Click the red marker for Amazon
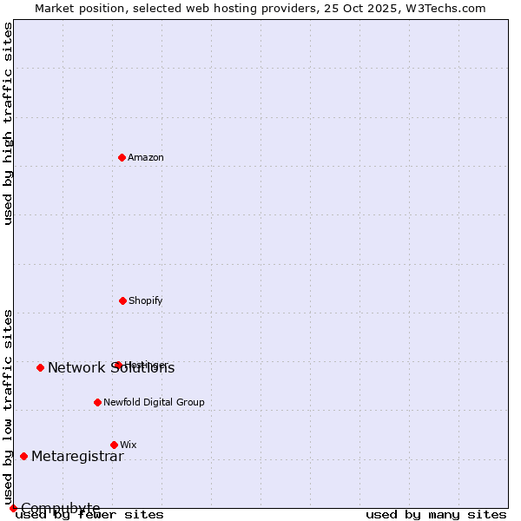(x=122, y=157)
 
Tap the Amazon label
(x=146, y=158)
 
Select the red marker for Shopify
(x=122, y=300)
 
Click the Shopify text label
(x=146, y=301)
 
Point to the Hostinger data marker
(x=118, y=365)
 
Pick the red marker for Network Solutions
(x=40, y=367)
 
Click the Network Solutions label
(x=111, y=368)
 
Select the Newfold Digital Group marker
(x=97, y=402)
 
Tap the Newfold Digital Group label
(x=154, y=403)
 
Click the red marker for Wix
(x=114, y=445)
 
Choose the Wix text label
(x=129, y=445)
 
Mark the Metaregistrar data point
(x=23, y=456)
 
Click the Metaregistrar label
(x=77, y=457)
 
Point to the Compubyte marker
(x=13, y=508)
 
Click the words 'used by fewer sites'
(x=89, y=515)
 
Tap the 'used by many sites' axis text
(x=436, y=515)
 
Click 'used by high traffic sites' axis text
(x=8, y=123)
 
